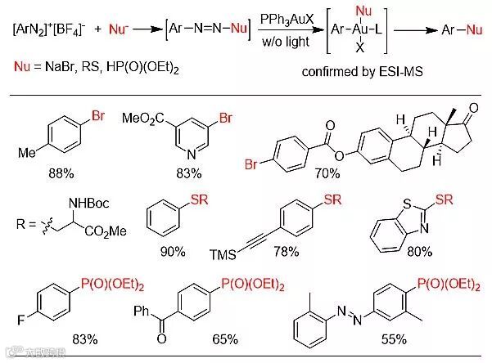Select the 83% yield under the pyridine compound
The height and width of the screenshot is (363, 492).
(x=191, y=173)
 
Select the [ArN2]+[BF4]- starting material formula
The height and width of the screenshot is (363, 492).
(x=48, y=30)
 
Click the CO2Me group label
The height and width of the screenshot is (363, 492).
(x=107, y=231)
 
